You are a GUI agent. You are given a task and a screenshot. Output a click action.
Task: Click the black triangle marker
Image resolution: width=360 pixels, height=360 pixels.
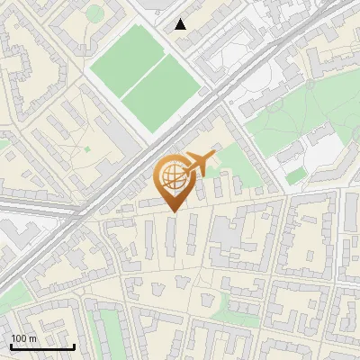[x=181, y=24]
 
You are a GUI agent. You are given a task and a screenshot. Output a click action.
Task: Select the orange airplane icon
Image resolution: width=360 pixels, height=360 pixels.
[x=201, y=163]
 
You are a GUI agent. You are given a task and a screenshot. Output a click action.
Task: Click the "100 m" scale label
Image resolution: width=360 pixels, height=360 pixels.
[x=24, y=338]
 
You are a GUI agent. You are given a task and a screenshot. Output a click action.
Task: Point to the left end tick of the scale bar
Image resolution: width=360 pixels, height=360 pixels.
[x=11, y=346]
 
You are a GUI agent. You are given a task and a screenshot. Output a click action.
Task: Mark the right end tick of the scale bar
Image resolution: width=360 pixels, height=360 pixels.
[x=74, y=346]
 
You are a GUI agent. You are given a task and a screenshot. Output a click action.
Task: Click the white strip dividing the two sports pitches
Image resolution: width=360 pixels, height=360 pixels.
[x=144, y=76]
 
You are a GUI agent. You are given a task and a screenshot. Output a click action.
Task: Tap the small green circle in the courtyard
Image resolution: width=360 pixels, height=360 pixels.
[x=94, y=13]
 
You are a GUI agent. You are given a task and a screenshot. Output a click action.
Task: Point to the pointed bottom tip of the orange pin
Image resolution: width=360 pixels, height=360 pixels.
[x=171, y=211]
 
